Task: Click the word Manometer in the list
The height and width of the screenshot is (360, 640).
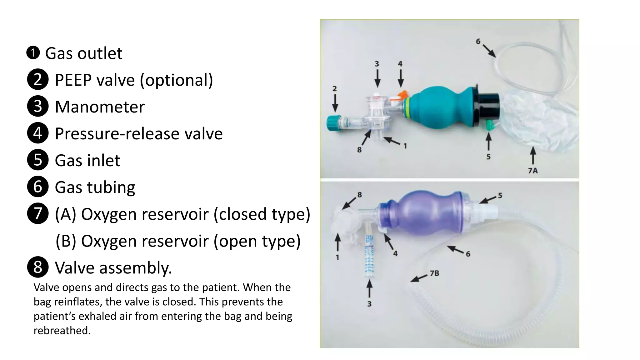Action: (100, 107)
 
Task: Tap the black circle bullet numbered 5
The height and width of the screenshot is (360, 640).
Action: (38, 160)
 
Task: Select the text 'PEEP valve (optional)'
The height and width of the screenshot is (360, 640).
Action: (134, 80)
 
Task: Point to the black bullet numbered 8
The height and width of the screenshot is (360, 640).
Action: (38, 267)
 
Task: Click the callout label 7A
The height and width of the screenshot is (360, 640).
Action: (533, 171)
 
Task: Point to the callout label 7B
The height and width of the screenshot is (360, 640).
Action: (434, 273)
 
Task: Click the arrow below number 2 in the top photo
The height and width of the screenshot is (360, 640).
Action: (335, 103)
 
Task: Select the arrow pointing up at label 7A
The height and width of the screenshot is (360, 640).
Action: (533, 155)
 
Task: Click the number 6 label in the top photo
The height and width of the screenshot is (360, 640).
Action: (478, 42)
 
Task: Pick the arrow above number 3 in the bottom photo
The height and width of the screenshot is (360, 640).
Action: (369, 288)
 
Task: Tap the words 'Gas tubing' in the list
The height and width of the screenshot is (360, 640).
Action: (95, 187)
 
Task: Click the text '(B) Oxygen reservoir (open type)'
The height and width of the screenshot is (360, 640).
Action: (178, 241)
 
